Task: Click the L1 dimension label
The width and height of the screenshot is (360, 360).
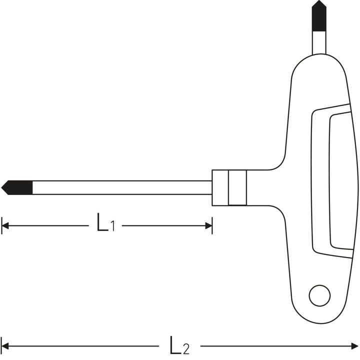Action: coord(105,222)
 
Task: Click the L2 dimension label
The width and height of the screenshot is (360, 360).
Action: coord(179,345)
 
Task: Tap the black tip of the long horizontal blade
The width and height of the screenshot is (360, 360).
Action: coord(17,187)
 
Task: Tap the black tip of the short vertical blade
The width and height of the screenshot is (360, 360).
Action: coord(319,15)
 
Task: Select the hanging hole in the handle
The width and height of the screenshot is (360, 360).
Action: coord(319,295)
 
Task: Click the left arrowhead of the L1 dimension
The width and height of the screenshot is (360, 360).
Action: coord(5,225)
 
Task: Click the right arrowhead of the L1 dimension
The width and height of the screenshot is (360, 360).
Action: coord(208,225)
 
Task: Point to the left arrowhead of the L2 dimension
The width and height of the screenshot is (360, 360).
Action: coord(5,346)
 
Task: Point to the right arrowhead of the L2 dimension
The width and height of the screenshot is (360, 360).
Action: coord(354,346)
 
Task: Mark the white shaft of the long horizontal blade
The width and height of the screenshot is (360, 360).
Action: coord(122,187)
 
